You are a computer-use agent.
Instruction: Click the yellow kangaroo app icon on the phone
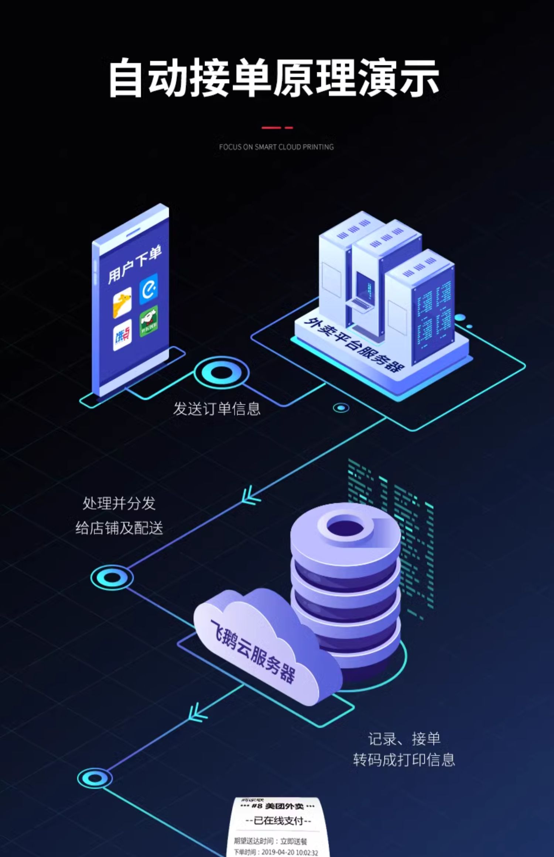[122, 303]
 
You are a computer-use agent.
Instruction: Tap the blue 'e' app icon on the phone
[148, 289]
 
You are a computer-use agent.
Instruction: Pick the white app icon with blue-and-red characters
[122, 335]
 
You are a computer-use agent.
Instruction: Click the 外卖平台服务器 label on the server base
[354, 345]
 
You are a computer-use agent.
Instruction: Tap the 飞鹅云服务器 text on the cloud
[253, 651]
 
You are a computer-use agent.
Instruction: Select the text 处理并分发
[119, 503]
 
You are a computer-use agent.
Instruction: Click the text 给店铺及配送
[119, 528]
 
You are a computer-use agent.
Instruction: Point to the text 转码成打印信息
[404, 760]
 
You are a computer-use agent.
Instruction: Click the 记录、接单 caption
[404, 739]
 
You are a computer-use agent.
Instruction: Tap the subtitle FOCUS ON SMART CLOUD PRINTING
[276, 147]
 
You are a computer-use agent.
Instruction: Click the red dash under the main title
[277, 128]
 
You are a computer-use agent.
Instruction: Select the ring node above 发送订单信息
[221, 373]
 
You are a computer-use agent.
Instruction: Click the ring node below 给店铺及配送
[112, 578]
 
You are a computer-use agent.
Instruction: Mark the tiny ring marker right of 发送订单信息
[341, 408]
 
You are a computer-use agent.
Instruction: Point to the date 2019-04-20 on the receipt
[276, 853]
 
